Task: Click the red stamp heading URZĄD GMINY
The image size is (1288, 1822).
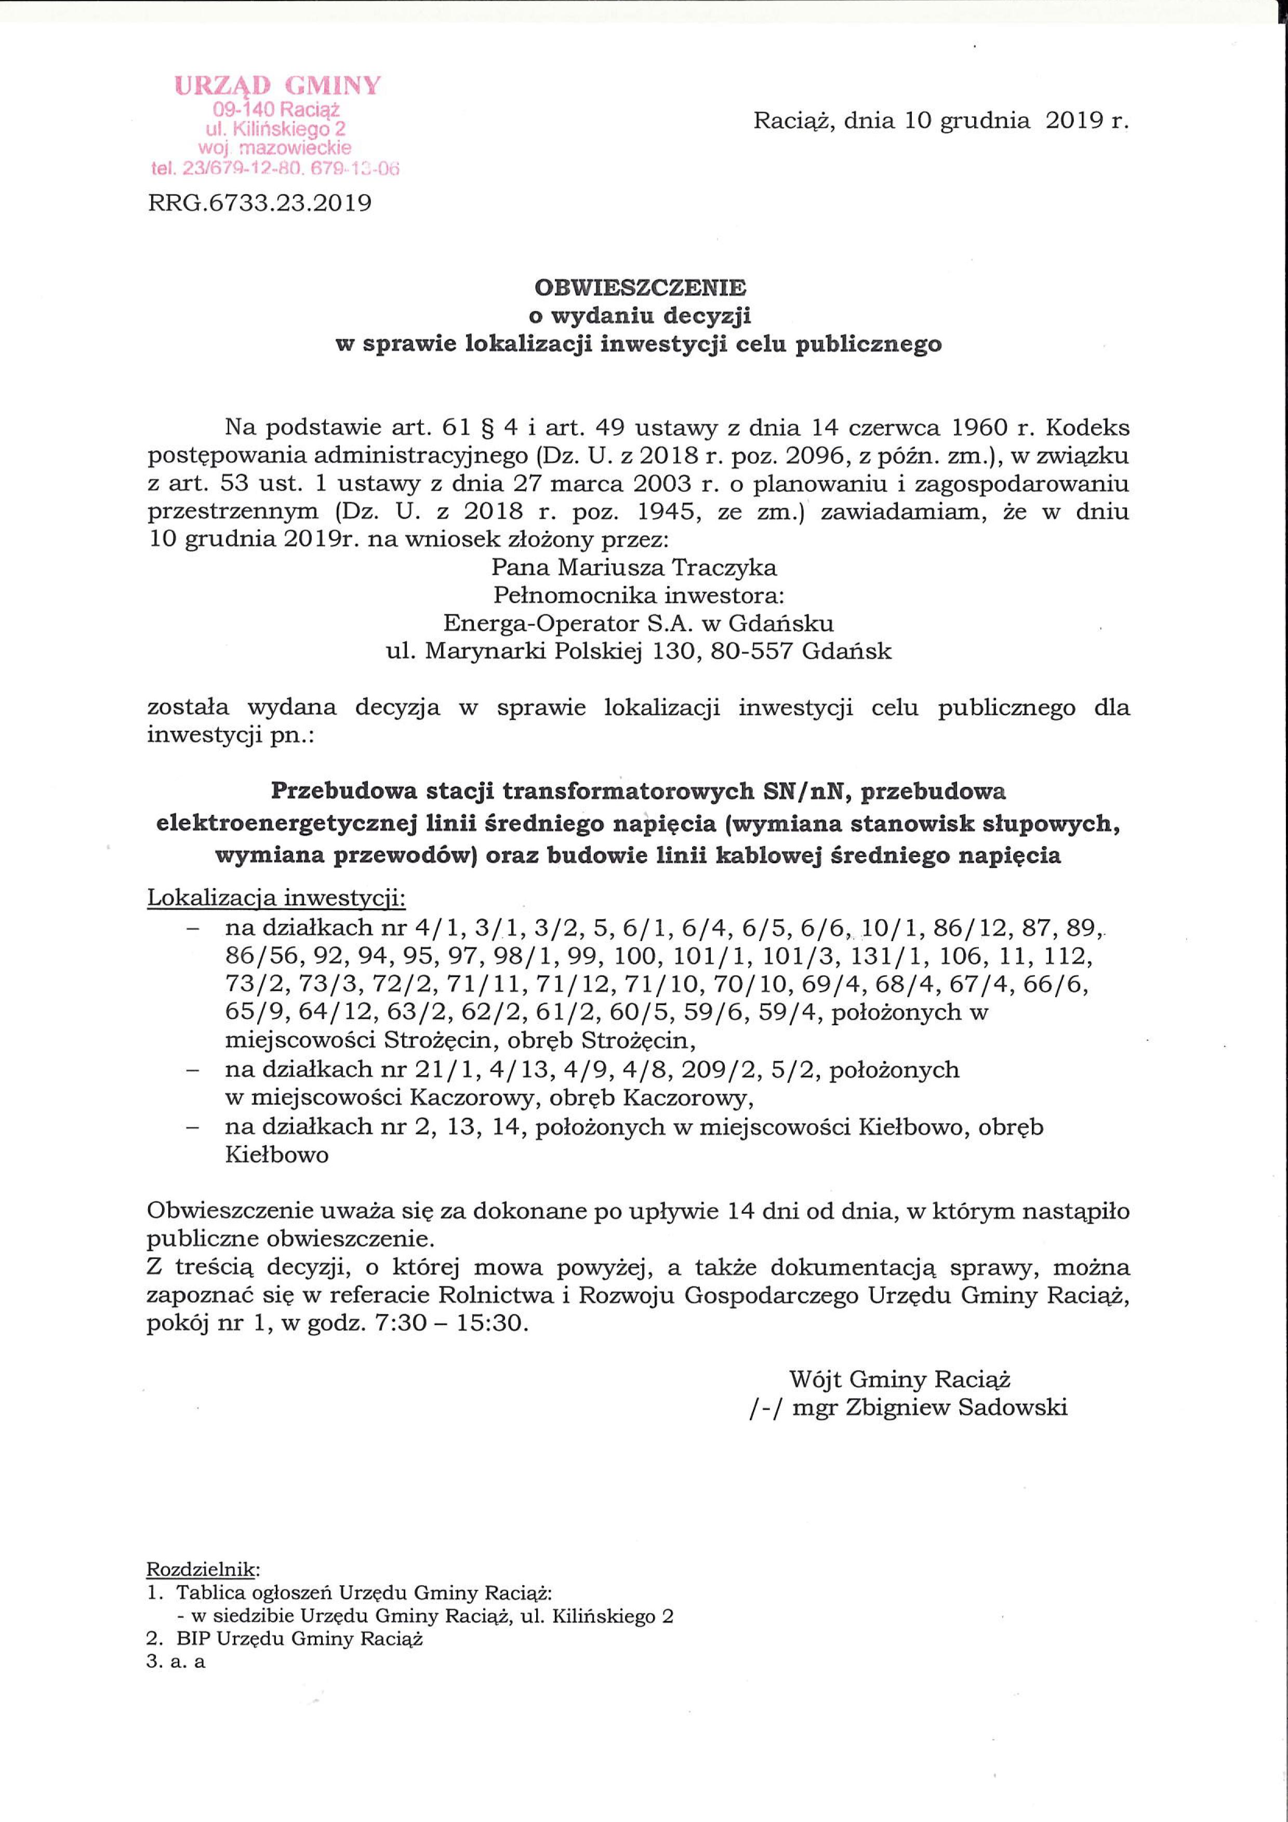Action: (x=278, y=86)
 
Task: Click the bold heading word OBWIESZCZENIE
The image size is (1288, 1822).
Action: (x=640, y=287)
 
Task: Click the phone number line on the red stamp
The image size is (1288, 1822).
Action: (x=274, y=167)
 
